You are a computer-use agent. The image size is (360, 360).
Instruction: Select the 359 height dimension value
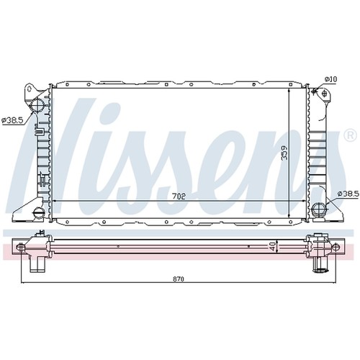284,153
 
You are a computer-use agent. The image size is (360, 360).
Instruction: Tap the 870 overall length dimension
179,279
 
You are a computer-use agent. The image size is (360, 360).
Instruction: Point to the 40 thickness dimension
273,246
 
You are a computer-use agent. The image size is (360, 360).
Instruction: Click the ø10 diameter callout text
331,79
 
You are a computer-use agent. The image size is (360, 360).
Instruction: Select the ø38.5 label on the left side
12,120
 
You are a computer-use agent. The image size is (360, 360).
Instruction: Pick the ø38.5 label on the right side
348,193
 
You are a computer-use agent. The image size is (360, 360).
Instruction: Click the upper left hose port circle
37,105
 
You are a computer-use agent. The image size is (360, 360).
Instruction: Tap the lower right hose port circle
318,208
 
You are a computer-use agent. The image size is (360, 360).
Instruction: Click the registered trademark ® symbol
351,136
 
